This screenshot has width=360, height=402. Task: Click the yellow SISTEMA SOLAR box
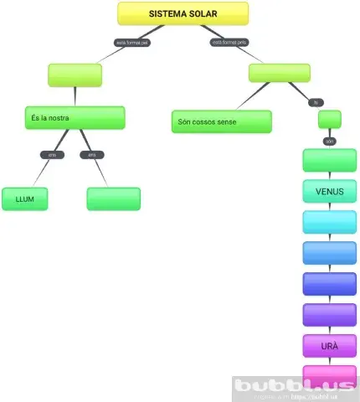click(x=183, y=13)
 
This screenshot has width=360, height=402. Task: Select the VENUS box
click(x=329, y=191)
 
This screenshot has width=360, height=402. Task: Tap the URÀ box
click(x=329, y=346)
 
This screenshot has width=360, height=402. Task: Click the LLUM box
click(x=24, y=198)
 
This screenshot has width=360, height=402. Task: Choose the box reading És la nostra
click(x=75, y=118)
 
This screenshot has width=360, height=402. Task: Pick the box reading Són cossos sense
click(x=221, y=121)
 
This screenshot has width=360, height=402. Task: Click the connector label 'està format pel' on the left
click(x=132, y=42)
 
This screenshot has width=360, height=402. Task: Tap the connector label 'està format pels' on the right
click(x=229, y=41)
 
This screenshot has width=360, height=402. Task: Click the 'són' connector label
click(x=329, y=141)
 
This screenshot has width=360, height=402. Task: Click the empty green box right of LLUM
click(x=113, y=198)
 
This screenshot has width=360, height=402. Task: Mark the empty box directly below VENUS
click(x=329, y=222)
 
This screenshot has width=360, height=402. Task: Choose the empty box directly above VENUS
click(x=329, y=160)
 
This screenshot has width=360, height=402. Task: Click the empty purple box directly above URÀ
click(x=329, y=315)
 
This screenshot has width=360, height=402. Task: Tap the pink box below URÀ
click(x=329, y=374)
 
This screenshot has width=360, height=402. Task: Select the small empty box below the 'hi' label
click(x=329, y=119)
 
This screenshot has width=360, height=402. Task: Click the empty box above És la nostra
click(x=75, y=75)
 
